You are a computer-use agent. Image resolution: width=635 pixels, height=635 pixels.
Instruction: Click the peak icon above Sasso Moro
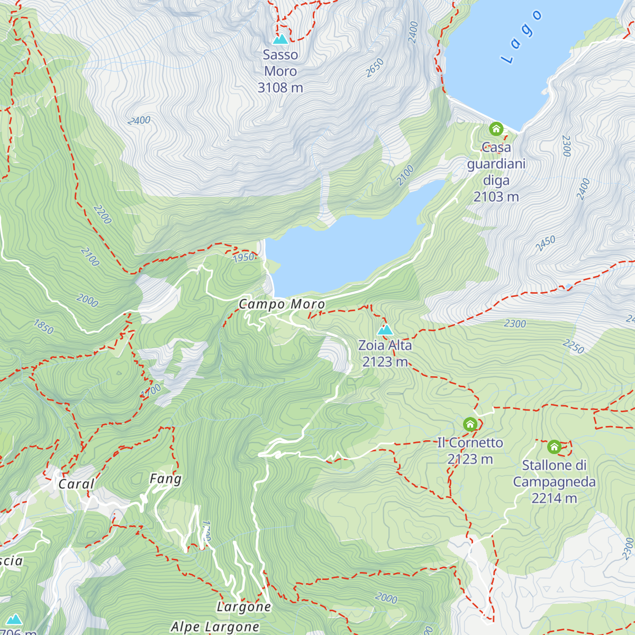(x=280, y=39)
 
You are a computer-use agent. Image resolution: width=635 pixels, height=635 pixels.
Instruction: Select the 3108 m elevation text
(x=280, y=87)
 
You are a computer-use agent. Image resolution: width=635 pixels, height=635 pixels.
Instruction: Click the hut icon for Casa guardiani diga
(x=496, y=129)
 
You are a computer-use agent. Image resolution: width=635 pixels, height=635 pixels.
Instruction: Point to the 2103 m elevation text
(x=496, y=197)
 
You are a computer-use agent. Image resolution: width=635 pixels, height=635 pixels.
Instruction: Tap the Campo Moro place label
(x=282, y=304)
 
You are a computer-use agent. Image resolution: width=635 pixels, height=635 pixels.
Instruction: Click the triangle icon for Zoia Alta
(x=385, y=330)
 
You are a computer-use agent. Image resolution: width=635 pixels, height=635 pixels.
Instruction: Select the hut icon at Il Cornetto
(x=470, y=424)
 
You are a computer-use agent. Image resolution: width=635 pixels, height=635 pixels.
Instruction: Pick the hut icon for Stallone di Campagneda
(x=554, y=447)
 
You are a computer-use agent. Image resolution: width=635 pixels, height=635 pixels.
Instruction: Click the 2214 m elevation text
(x=554, y=498)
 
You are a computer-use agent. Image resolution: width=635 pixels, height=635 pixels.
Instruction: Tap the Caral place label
(x=76, y=484)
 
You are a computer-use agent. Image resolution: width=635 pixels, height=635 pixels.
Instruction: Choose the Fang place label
(x=166, y=479)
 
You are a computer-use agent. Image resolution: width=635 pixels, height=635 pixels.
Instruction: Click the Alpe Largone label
(x=215, y=627)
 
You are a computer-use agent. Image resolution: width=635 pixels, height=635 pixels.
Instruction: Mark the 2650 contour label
(x=375, y=68)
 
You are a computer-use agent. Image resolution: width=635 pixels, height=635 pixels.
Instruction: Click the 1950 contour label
(x=243, y=258)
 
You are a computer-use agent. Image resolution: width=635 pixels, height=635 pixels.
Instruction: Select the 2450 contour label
(x=545, y=243)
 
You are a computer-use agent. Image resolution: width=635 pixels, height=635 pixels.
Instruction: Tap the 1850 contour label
(x=43, y=326)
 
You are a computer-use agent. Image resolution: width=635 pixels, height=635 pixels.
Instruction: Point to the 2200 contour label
(x=102, y=214)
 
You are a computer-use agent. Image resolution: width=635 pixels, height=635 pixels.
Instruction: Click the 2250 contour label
(x=573, y=347)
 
